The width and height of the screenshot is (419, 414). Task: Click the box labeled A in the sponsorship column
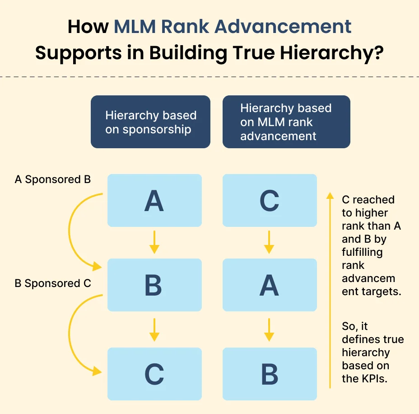click(154, 200)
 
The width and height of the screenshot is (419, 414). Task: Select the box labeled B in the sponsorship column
click(154, 285)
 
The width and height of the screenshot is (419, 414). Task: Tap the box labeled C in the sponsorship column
click(154, 374)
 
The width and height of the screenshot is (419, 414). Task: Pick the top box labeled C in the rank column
click(270, 200)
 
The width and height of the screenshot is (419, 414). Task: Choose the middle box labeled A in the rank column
click(270, 285)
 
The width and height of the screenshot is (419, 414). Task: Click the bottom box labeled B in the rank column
click(270, 374)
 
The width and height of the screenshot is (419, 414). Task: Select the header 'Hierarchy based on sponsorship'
click(150, 122)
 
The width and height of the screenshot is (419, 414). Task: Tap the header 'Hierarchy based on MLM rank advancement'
click(286, 122)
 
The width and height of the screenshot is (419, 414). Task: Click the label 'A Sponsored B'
click(53, 179)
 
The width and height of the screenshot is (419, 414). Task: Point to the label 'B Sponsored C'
click(53, 283)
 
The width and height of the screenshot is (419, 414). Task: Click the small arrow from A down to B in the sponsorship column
click(154, 242)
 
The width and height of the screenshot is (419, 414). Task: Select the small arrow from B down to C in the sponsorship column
click(154, 329)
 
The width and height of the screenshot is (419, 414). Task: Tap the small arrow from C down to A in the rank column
click(270, 242)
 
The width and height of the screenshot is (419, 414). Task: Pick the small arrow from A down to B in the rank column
click(270, 329)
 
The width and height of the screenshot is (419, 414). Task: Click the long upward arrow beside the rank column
click(331, 289)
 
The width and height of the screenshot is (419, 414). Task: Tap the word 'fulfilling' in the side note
click(362, 252)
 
